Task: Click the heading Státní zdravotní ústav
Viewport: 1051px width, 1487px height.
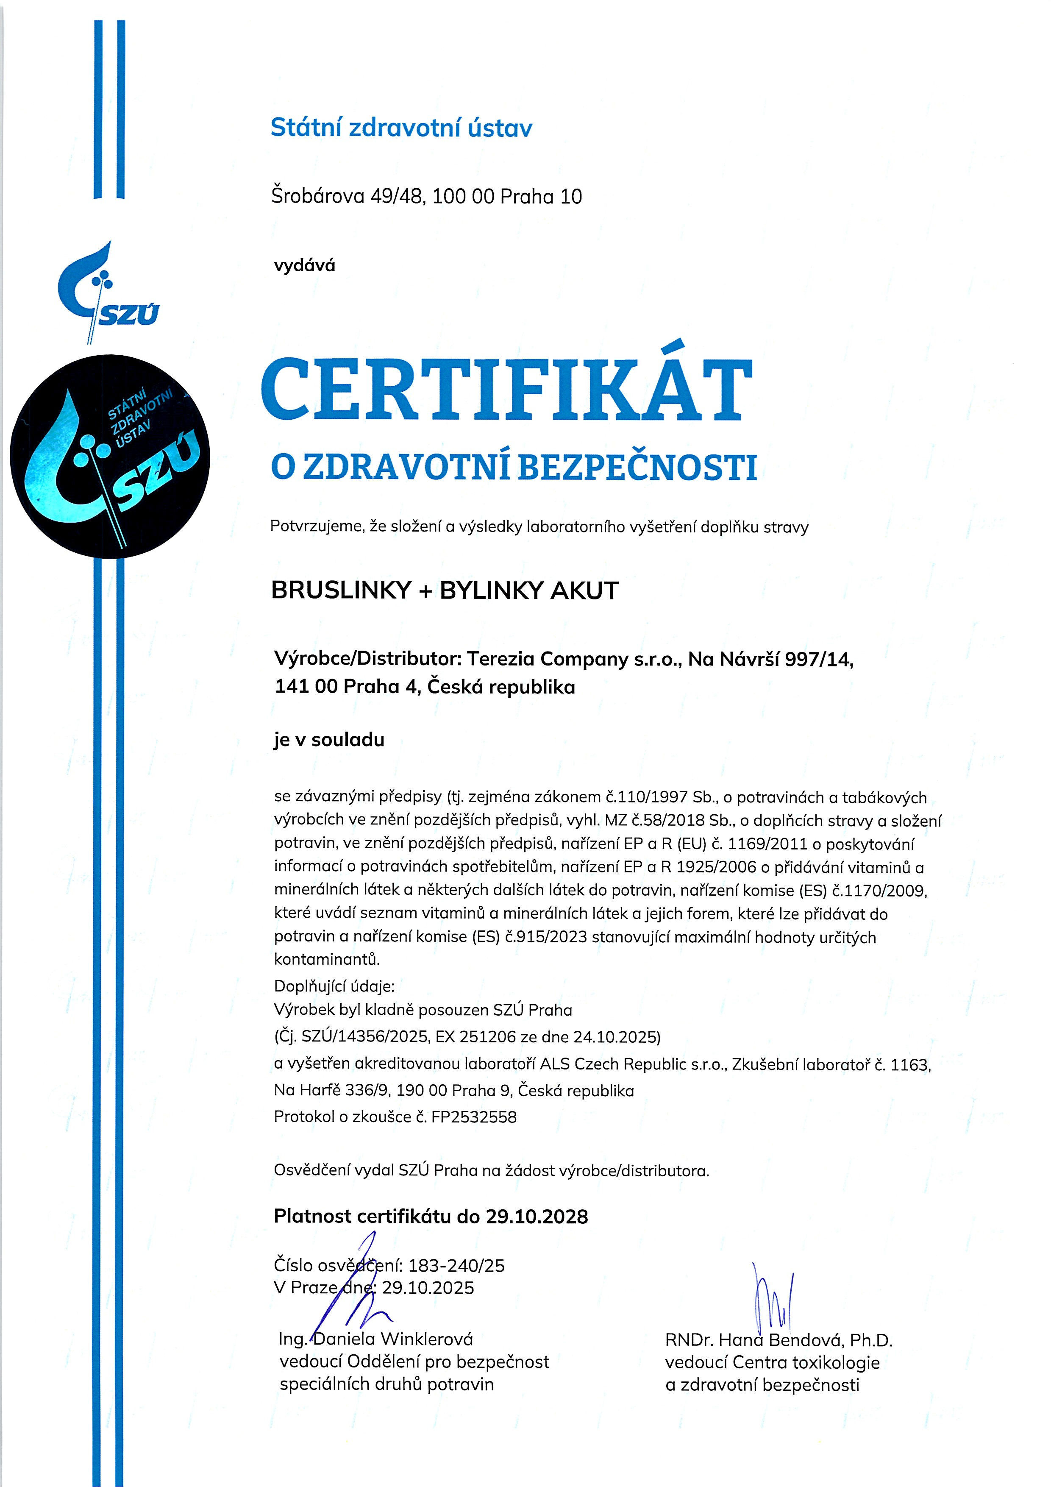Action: click(401, 128)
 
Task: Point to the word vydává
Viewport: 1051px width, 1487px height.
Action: click(304, 265)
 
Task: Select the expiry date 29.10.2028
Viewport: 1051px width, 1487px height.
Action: click(537, 1216)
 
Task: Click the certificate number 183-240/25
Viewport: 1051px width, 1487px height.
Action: click(456, 1265)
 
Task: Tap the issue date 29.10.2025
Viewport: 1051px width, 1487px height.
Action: click(428, 1287)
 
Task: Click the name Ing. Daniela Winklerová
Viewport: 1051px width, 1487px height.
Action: click(375, 1339)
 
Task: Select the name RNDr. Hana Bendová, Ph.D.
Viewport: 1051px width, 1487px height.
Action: click(779, 1340)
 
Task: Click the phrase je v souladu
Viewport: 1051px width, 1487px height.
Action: click(329, 740)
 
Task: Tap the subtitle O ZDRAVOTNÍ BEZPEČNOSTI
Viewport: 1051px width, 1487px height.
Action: click(514, 468)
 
